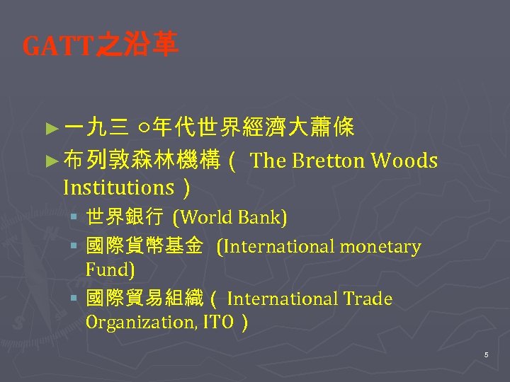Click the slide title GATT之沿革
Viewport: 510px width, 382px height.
click(101, 47)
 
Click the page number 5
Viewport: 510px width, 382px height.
click(486, 354)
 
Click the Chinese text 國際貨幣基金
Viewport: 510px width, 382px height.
click(144, 246)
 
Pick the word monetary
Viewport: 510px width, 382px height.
click(380, 246)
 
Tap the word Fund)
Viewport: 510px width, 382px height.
click(110, 270)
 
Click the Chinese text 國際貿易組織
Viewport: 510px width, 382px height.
click(144, 299)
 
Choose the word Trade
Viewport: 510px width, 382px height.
click(368, 299)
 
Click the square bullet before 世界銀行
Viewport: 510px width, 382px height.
click(74, 217)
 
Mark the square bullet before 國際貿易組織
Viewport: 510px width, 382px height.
click(74, 299)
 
